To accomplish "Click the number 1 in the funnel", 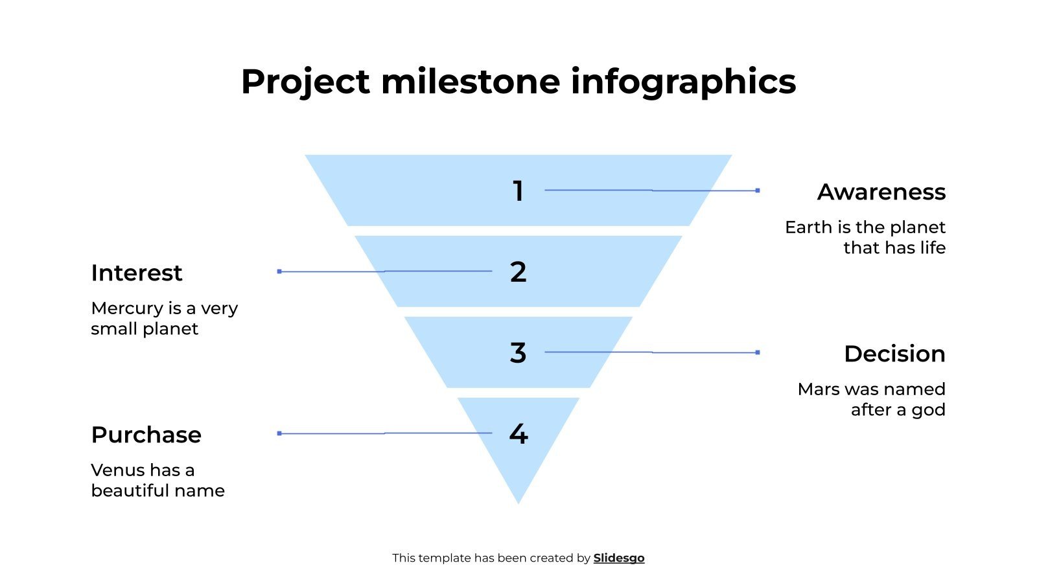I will click(518, 191).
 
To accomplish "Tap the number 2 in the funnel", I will click(518, 272).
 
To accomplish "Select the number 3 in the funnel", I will click(518, 353).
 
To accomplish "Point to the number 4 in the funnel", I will click(518, 434).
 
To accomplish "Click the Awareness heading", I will click(881, 192).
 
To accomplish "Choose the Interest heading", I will click(137, 273).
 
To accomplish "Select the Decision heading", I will click(894, 354).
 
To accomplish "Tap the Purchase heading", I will click(146, 435).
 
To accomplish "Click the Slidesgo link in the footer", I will click(619, 558).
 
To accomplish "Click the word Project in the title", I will click(305, 82).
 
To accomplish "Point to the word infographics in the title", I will click(683, 82).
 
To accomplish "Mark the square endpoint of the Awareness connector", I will click(758, 190).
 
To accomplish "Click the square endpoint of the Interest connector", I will click(279, 271).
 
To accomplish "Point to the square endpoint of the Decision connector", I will click(758, 352).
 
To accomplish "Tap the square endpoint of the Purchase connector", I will click(279, 433).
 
